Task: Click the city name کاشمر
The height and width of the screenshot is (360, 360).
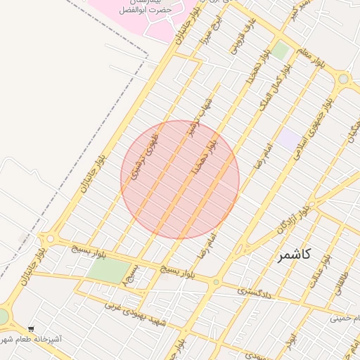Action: pos(294,255)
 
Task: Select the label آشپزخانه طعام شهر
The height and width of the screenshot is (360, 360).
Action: pos(32,340)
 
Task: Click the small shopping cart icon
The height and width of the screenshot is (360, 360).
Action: pos(31,328)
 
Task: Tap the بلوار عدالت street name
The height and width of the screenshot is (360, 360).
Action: pos(320,271)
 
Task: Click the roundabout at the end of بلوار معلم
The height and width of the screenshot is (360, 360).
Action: pos(343,79)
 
